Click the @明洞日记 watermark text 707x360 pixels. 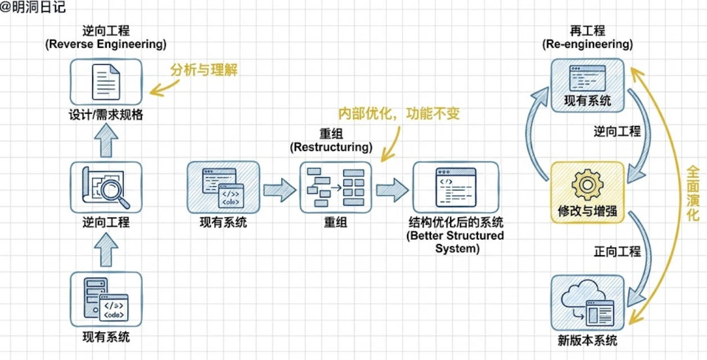tap(33, 7)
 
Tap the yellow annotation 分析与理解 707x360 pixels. tap(204, 69)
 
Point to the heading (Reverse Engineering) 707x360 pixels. tap(106, 44)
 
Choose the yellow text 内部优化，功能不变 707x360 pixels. tap(399, 114)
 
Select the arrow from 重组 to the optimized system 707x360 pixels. tap(392, 190)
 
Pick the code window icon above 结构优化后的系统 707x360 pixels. tap(455, 187)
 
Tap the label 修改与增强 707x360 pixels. tap(587, 211)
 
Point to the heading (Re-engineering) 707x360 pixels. tap(587, 44)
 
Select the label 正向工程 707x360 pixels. tap(617, 251)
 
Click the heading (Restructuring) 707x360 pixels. tap(331, 147)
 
